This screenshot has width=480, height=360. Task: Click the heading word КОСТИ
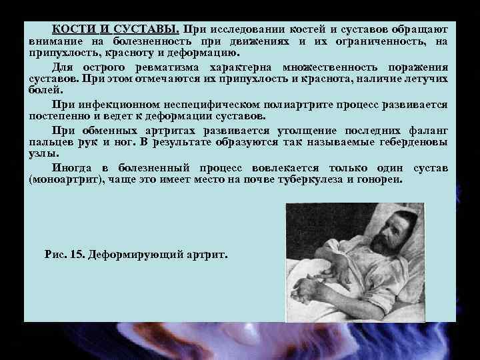pos(73,29)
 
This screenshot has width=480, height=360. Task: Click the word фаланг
pos(427,130)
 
